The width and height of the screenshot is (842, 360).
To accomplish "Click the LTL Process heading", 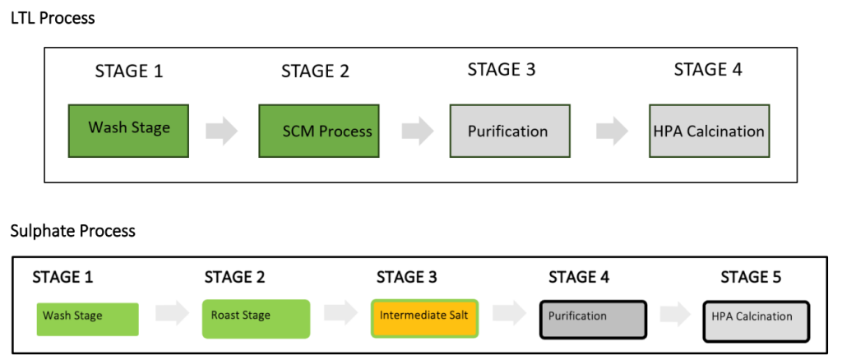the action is [53, 18].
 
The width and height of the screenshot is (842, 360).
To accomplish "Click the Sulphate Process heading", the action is [73, 231].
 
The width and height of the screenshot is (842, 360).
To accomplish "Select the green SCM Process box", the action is [319, 131].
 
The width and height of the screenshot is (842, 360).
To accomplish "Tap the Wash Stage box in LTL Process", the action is [128, 131].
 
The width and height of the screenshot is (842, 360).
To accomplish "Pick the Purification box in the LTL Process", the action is [510, 131].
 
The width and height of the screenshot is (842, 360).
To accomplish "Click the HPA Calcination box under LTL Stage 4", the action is [710, 131].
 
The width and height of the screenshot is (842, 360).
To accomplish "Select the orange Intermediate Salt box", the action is [424, 318].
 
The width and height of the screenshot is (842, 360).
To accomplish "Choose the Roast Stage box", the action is [257, 319].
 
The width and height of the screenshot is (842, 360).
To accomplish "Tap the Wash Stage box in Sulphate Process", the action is [87, 319].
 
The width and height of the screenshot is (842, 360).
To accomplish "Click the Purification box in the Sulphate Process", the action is [593, 319].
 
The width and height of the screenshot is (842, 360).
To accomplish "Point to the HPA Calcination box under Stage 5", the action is [756, 321].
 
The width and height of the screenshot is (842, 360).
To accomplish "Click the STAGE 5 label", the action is [751, 277].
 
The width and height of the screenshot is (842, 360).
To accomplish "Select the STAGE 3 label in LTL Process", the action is [502, 70].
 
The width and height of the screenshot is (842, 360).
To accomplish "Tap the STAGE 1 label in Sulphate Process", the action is [62, 277].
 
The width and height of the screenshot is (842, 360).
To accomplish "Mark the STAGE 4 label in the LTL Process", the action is [708, 70].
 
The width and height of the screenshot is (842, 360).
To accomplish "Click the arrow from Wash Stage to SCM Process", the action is [222, 131].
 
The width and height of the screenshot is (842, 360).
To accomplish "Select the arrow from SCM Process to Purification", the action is [418, 131].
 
